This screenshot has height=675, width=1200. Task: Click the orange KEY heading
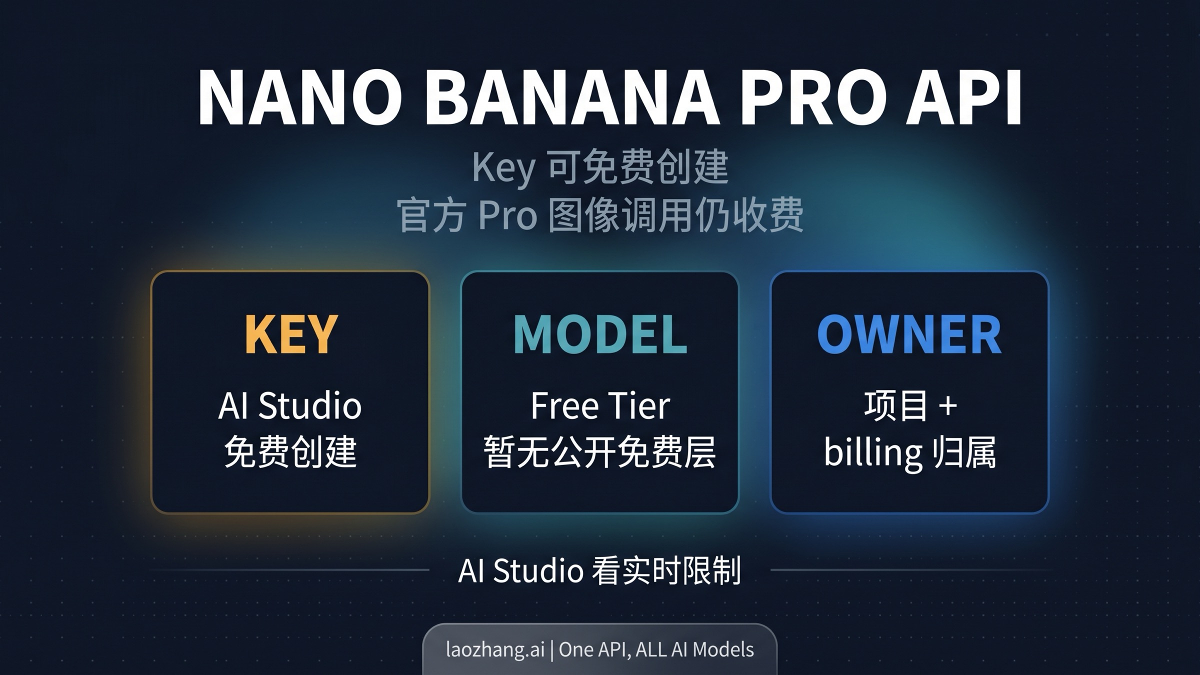tap(290, 334)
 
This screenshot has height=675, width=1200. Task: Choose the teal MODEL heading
tap(600, 334)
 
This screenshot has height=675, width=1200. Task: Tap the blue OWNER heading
tap(909, 334)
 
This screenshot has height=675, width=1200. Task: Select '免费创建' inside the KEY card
tap(290, 451)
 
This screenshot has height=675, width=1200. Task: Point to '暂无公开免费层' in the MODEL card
tap(600, 451)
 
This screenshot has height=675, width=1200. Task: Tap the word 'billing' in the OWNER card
tap(872, 452)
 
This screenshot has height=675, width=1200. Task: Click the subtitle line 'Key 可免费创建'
tap(600, 167)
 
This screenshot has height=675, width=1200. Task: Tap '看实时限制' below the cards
tap(666, 570)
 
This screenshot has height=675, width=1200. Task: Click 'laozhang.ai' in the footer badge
tap(495, 649)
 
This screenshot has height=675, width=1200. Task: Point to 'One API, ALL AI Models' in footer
tap(656, 649)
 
